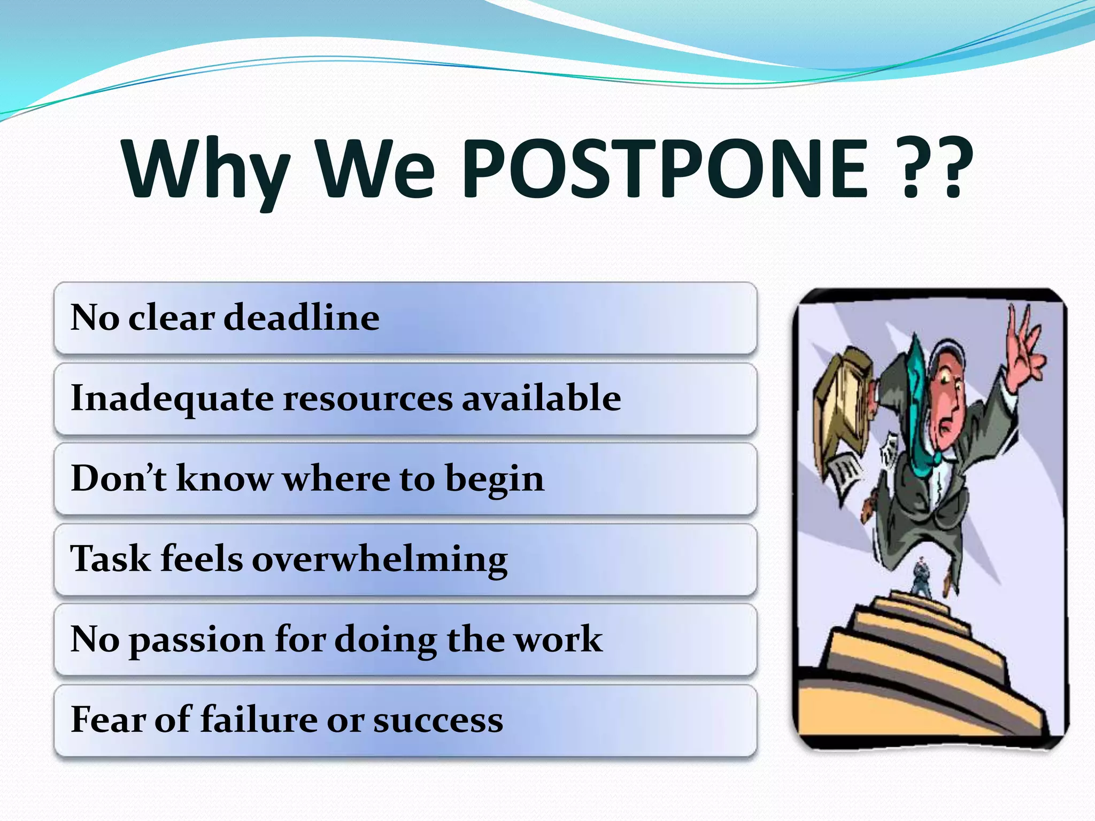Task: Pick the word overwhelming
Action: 379,559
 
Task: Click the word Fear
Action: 107,719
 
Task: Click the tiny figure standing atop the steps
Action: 921,577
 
